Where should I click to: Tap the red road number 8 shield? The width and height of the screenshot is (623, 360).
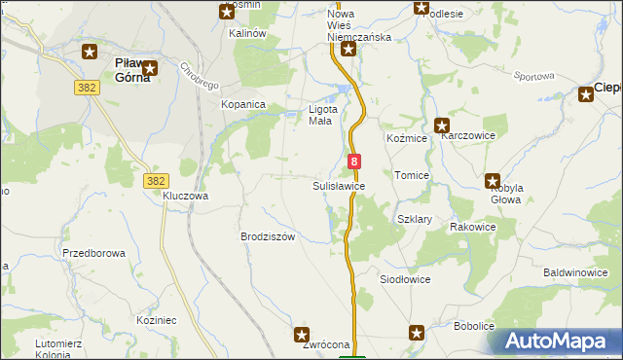[354, 162]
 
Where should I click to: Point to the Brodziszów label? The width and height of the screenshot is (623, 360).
[267, 236]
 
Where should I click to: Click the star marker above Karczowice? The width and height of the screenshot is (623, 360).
[441, 125]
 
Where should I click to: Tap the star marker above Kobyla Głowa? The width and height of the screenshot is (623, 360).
[493, 180]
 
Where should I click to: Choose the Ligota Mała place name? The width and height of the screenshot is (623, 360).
[322, 115]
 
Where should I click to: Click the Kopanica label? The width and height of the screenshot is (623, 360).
[243, 104]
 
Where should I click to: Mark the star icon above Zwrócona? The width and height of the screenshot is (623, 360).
[302, 334]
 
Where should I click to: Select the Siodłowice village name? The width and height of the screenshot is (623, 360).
[404, 279]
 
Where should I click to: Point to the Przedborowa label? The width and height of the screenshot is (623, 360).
[93, 253]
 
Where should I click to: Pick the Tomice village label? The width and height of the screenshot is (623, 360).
[412, 175]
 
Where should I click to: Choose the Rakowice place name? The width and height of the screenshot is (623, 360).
[473, 227]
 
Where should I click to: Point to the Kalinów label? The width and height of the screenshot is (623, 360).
[247, 33]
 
